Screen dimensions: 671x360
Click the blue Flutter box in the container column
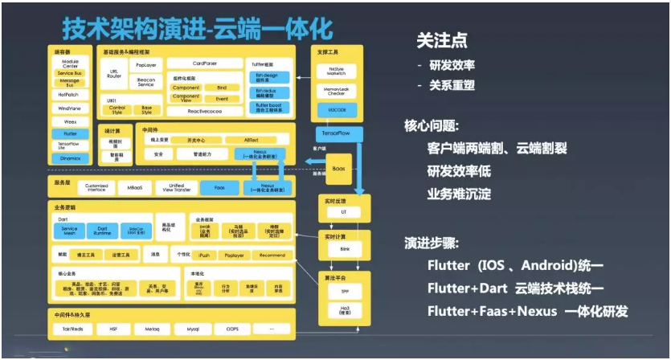pos(70,133)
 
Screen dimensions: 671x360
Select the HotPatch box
pos(70,95)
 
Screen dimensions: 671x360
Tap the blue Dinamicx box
pos(70,158)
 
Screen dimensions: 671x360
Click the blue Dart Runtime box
pos(102,230)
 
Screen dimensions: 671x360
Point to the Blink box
pos(343,250)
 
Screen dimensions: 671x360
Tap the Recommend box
pos(272,255)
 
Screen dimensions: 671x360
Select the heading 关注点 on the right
pos(440,40)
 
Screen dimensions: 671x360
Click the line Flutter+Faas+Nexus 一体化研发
pos(527,311)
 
